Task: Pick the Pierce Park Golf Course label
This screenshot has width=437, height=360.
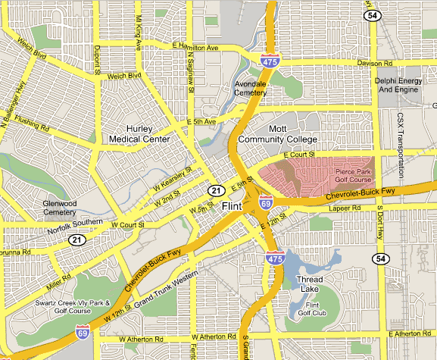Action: click(354, 176)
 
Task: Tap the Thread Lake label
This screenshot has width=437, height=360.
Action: click(310, 284)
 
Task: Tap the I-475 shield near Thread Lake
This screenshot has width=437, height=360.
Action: click(274, 258)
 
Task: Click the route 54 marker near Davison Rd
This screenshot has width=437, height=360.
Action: click(371, 15)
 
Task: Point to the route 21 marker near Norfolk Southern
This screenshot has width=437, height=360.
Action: click(76, 239)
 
